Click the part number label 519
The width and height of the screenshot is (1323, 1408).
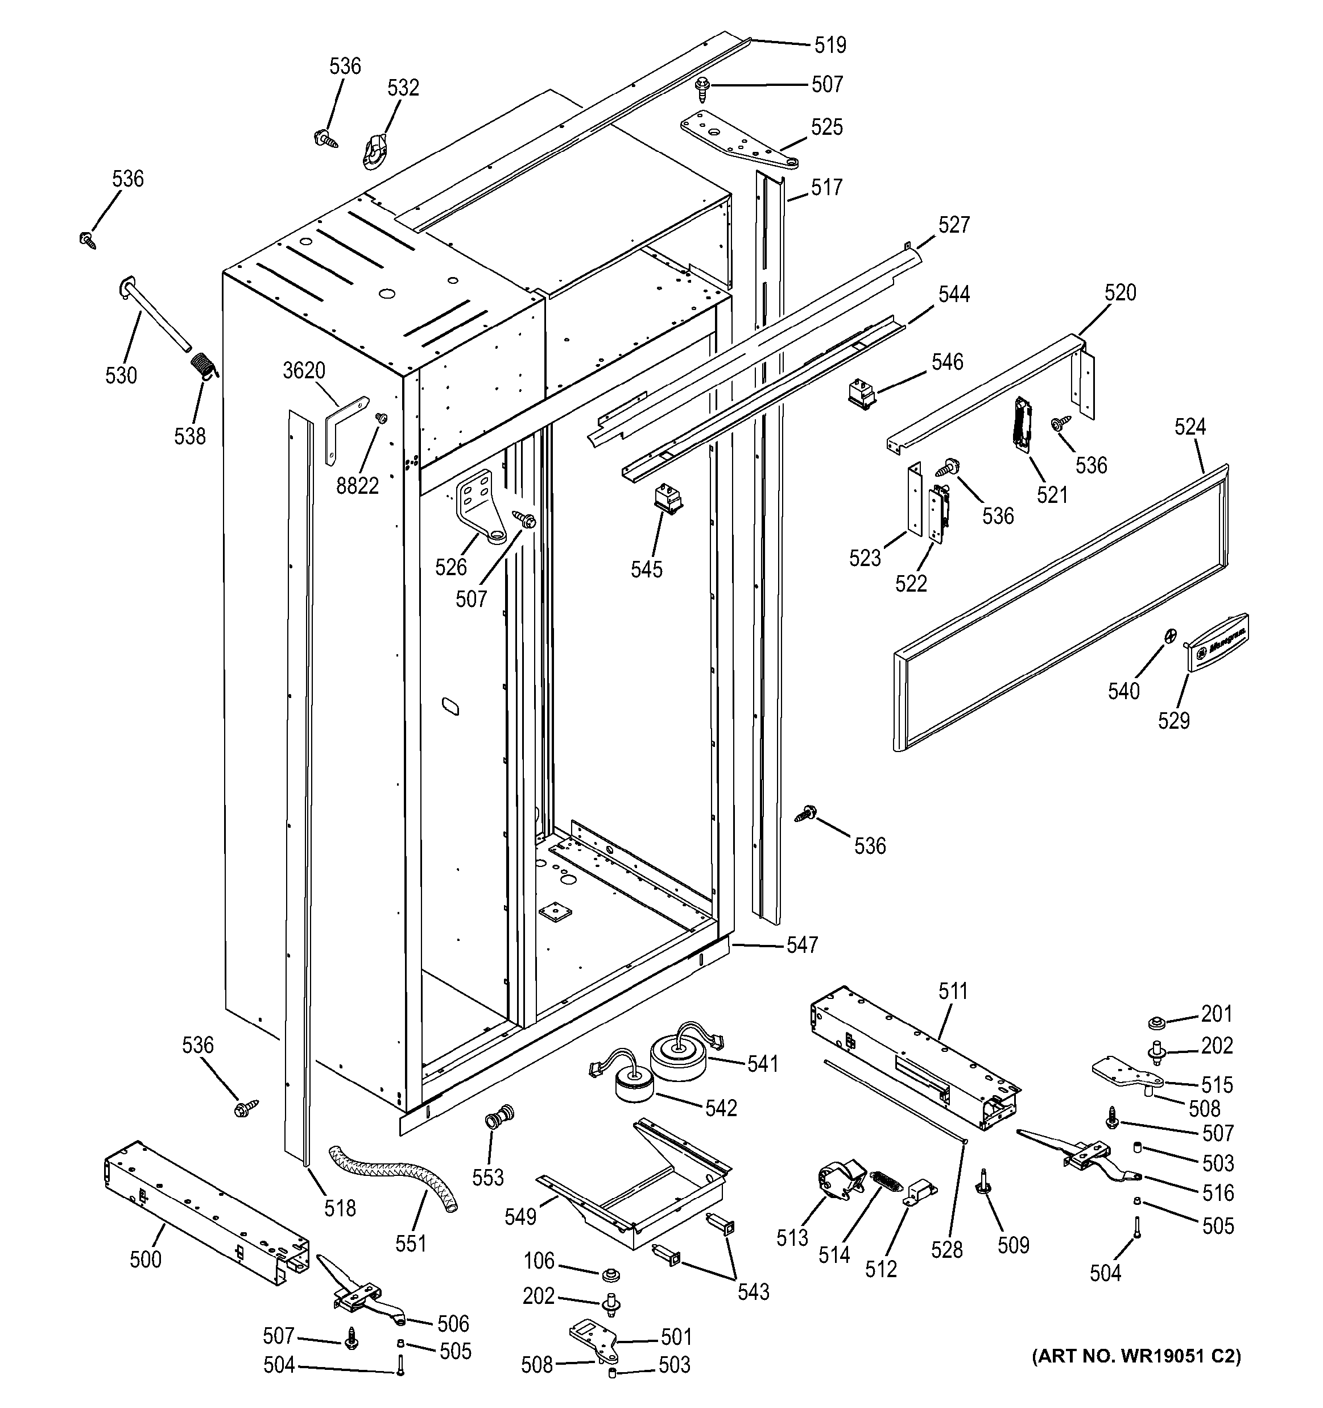pos(830,46)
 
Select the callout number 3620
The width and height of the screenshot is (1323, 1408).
pos(304,370)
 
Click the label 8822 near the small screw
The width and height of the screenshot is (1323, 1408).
pos(358,486)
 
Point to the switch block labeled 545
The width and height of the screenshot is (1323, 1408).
pos(667,498)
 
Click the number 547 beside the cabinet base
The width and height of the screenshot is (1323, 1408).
pos(802,945)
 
